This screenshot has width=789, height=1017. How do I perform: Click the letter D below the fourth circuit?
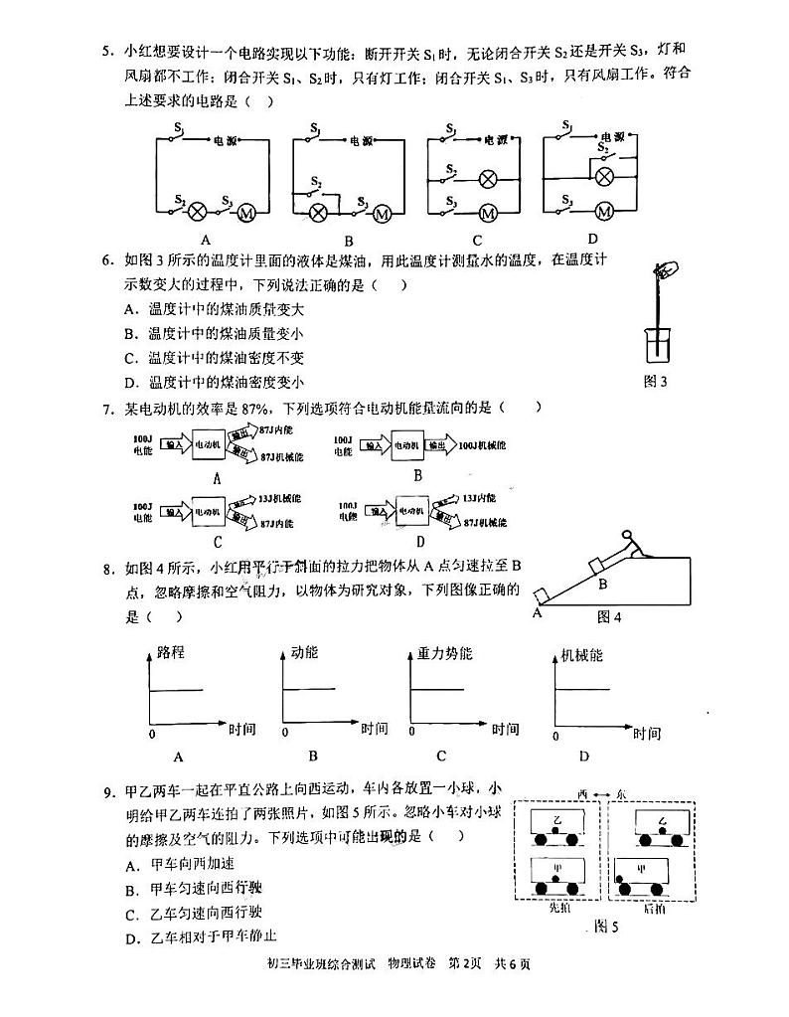(592, 239)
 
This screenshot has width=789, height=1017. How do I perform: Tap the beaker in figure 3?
(656, 344)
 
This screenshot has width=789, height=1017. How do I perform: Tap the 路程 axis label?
(171, 653)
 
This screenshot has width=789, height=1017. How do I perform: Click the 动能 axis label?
(304, 653)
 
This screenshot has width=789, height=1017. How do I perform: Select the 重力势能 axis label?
(444, 653)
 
